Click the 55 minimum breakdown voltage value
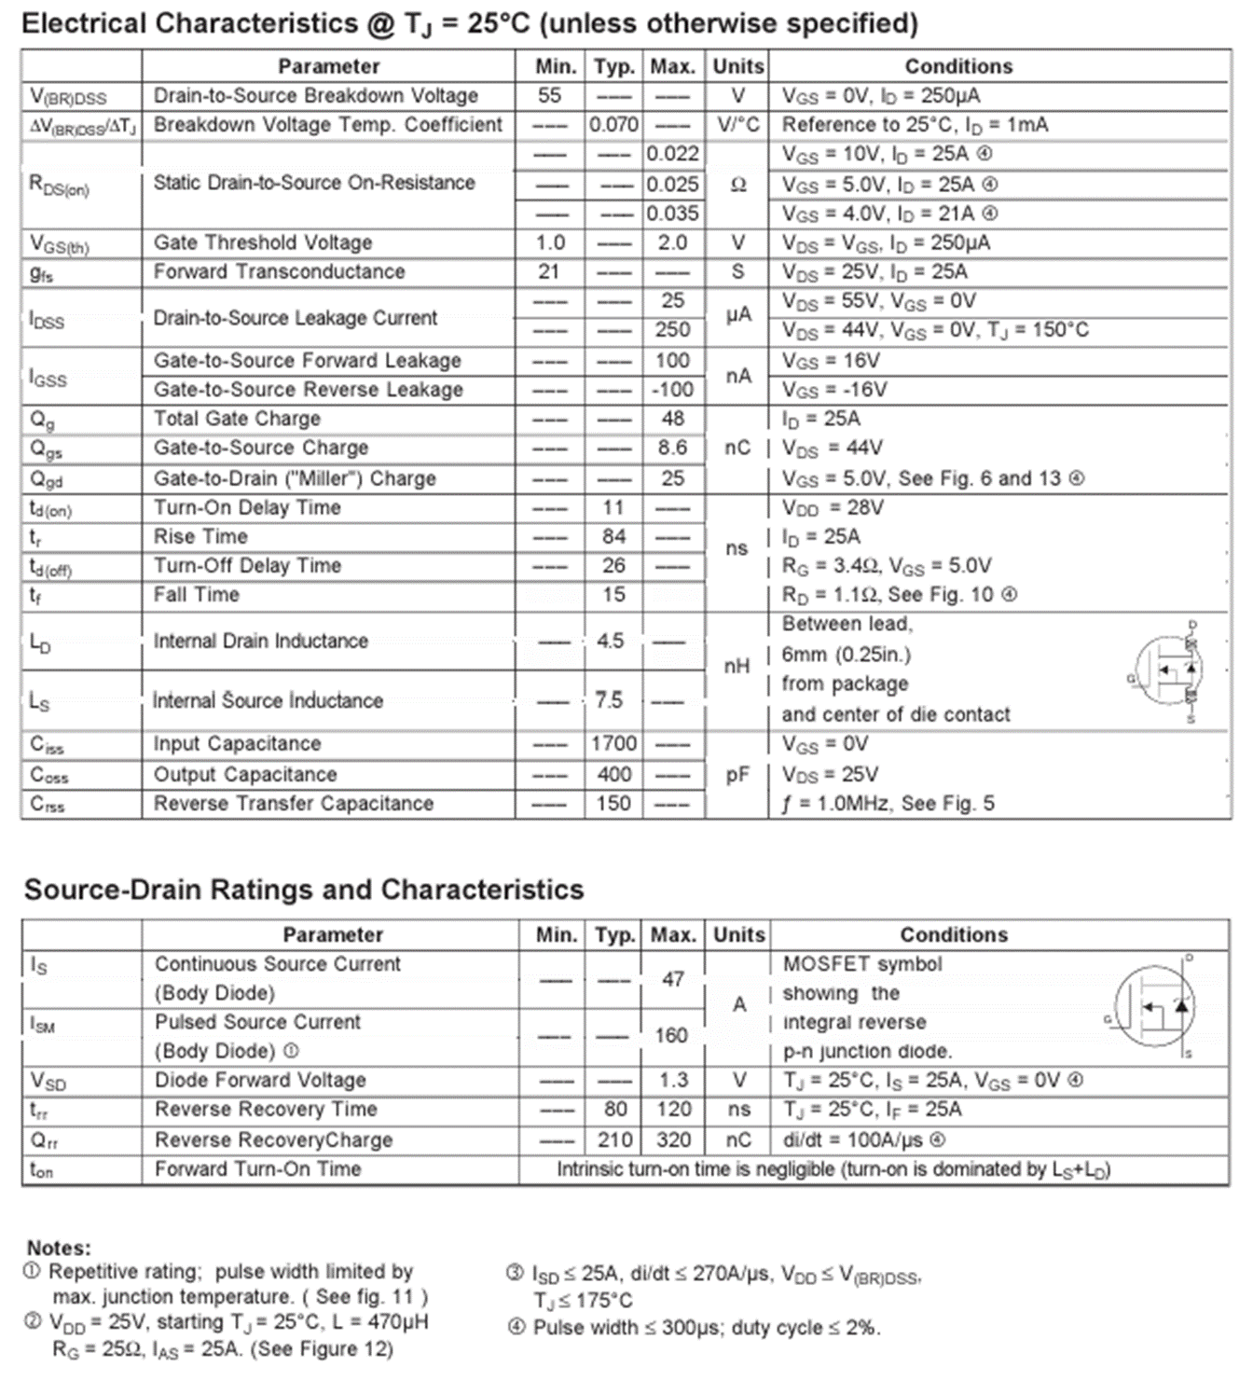point(549,96)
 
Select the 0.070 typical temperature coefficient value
point(613,125)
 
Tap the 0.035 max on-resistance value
point(672,214)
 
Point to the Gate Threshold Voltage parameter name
point(263,242)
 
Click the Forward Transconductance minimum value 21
point(549,271)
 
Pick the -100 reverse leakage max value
point(672,390)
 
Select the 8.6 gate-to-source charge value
point(672,448)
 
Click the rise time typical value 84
point(613,536)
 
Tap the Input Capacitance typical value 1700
point(613,743)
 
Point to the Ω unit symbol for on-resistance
point(737,185)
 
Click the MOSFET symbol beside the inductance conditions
point(1167,670)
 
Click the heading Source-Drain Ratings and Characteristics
point(304,890)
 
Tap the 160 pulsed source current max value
point(671,1036)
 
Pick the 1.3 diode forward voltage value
point(673,1080)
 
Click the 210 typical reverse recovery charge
point(614,1139)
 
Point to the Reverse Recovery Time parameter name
point(266,1110)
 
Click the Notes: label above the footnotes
point(59,1248)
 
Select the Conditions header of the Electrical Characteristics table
point(958,66)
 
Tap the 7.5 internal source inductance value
point(609,700)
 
